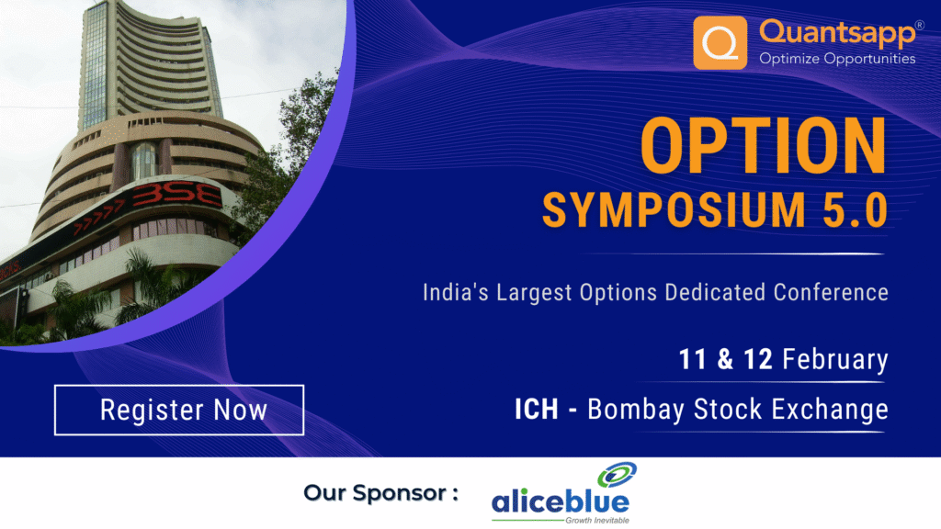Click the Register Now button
coord(179,410)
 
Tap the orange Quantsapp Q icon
coord(720,42)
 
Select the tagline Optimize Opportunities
coord(836,59)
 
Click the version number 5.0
coord(855,210)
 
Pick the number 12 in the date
coord(758,359)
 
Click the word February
coord(834,359)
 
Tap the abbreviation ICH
coord(536,409)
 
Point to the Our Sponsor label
coord(380,493)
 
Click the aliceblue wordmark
coord(560,502)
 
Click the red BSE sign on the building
coord(175,197)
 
